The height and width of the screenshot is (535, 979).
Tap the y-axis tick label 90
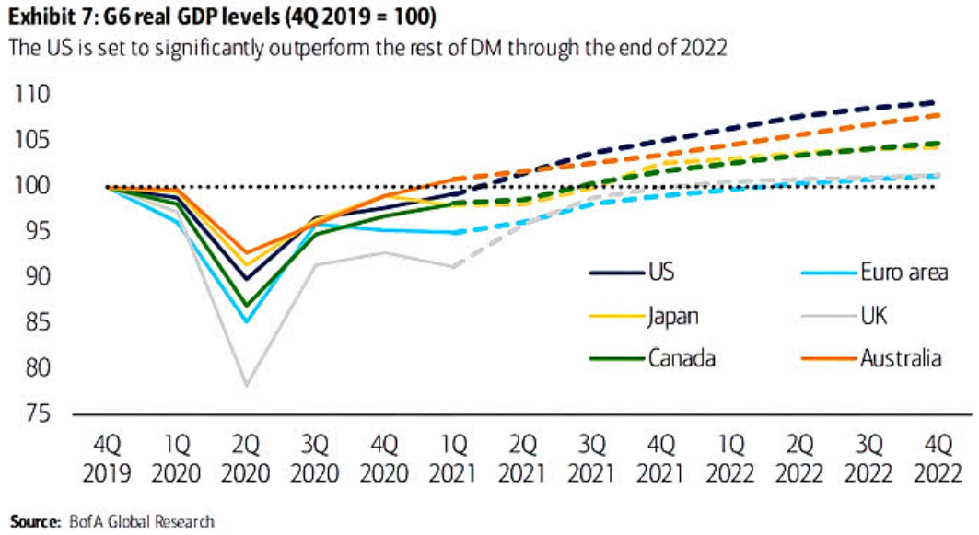(34, 277)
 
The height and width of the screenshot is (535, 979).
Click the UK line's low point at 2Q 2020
(246, 385)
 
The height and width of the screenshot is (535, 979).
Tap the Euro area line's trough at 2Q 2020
(246, 322)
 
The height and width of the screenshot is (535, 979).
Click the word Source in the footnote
(33, 522)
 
